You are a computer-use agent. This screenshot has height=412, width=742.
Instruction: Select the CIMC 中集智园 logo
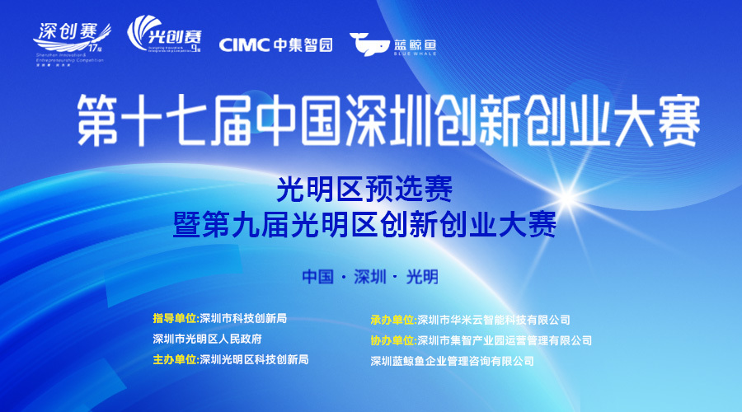(x=276, y=44)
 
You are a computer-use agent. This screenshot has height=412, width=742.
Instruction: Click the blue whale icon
(x=369, y=44)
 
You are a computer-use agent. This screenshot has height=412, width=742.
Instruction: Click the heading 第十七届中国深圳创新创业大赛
(x=388, y=120)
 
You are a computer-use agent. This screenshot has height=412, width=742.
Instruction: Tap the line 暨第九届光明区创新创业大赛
(x=364, y=224)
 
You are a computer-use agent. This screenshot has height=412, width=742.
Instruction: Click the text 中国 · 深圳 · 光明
(x=370, y=276)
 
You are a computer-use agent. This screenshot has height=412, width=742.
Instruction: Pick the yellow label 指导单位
(x=176, y=318)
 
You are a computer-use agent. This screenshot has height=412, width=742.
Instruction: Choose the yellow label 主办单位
(x=176, y=359)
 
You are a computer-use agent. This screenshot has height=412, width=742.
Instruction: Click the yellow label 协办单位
(x=393, y=340)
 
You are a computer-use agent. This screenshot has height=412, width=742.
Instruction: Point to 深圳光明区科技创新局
(x=254, y=359)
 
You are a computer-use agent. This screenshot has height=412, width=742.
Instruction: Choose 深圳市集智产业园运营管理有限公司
(x=505, y=340)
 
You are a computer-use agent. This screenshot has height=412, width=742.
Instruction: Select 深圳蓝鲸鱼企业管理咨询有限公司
(x=453, y=361)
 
